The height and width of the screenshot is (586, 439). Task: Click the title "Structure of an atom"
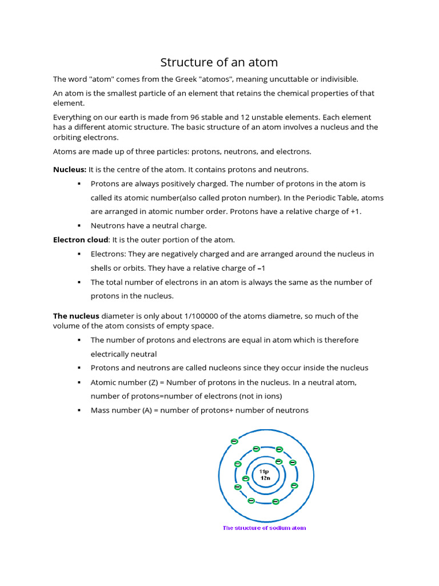(x=219, y=62)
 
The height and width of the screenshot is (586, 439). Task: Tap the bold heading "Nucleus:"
(x=70, y=169)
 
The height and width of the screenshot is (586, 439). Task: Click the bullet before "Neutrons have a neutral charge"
(x=78, y=225)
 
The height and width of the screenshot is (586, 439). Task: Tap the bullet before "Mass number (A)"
(x=78, y=410)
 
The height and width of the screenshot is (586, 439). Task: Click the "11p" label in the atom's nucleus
(x=265, y=471)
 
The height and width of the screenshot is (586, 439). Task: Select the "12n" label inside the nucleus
(x=265, y=478)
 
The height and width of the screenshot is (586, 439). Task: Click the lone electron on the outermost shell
(x=234, y=441)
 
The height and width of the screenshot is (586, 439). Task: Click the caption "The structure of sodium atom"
(x=264, y=528)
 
